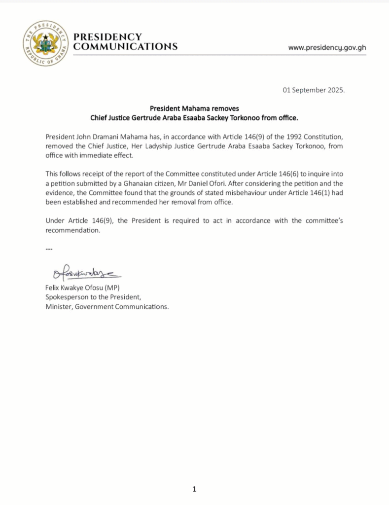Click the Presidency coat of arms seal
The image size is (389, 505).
coord(45,43)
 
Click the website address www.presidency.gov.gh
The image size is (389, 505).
coord(327,47)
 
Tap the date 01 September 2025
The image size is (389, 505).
coord(314,90)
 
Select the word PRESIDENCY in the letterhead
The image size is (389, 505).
coord(107,37)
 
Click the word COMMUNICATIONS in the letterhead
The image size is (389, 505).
coord(125,47)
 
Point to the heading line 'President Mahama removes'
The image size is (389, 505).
coord(194,108)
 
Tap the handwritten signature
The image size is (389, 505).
coord(83,272)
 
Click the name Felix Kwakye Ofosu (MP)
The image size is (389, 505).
coord(82,288)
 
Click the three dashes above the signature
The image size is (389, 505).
coord(49,249)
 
